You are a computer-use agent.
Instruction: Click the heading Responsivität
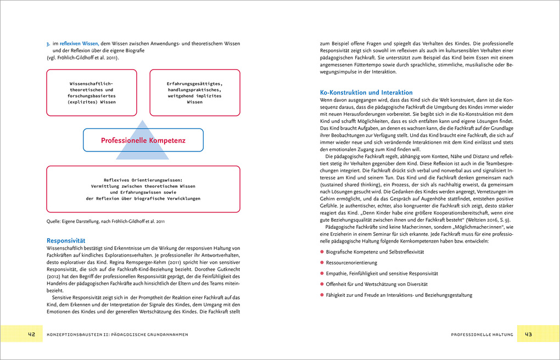65,240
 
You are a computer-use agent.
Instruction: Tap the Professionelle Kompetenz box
143,140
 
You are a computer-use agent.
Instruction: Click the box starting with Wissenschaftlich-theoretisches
92,92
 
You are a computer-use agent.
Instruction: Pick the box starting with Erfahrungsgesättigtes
195,92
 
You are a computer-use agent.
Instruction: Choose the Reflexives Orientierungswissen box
143,189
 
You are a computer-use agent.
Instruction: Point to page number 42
32,334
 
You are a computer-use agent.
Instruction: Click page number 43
528,334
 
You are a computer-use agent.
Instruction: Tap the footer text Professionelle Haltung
481,334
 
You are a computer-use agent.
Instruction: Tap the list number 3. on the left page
48,43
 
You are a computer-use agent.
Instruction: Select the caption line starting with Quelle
105,222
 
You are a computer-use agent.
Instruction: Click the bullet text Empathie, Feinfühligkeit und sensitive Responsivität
382,273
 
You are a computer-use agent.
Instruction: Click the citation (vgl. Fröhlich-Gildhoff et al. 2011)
82,58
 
